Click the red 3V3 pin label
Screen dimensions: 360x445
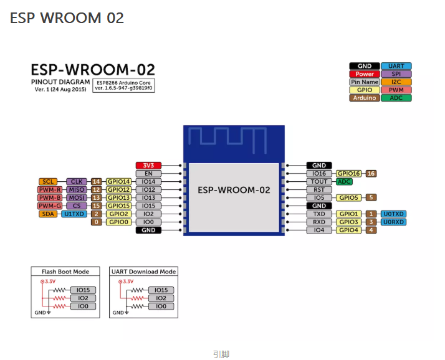(x=148, y=166)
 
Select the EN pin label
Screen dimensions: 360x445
(x=148, y=174)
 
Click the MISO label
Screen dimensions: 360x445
(x=77, y=189)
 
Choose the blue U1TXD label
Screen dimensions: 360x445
(x=74, y=214)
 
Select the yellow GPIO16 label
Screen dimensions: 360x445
(x=349, y=174)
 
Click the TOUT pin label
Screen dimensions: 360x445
(x=319, y=182)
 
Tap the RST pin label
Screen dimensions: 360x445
(x=319, y=189)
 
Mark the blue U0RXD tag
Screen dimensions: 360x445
(x=393, y=222)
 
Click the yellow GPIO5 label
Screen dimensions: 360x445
(x=349, y=197)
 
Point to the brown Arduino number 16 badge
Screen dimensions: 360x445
(x=371, y=174)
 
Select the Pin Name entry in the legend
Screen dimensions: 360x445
(x=365, y=82)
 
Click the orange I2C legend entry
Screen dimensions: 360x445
(x=396, y=82)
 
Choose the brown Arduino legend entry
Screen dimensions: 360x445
(x=365, y=98)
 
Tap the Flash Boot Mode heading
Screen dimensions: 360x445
(x=65, y=272)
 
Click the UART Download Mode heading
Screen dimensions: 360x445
(x=143, y=272)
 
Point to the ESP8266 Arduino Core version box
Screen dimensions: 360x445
(x=123, y=85)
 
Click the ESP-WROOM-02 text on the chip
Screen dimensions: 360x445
(x=234, y=190)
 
